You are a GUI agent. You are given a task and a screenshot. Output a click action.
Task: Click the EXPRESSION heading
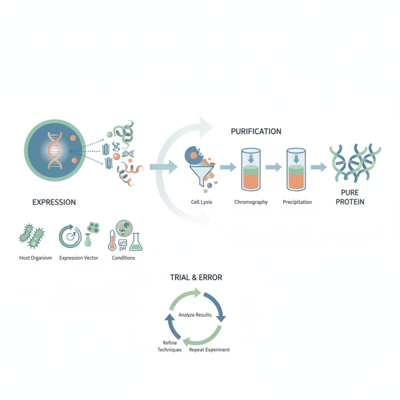tap(54, 202)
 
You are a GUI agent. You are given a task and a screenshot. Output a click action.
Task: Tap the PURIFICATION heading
tap(256, 131)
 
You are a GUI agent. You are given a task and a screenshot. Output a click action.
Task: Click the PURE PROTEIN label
tap(353, 197)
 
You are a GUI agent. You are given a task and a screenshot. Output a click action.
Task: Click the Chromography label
tap(251, 202)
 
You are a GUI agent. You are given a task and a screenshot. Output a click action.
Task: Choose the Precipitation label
tap(297, 202)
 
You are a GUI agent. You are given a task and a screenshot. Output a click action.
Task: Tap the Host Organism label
tap(32, 258)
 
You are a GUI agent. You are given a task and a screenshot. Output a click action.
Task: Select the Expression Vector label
tap(78, 258)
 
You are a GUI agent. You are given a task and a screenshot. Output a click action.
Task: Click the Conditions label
tap(123, 258)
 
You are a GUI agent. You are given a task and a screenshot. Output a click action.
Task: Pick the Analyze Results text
tap(195, 315)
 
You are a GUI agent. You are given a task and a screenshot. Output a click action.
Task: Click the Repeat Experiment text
tap(209, 350)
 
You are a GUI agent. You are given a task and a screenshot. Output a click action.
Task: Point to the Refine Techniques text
tap(169, 346)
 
